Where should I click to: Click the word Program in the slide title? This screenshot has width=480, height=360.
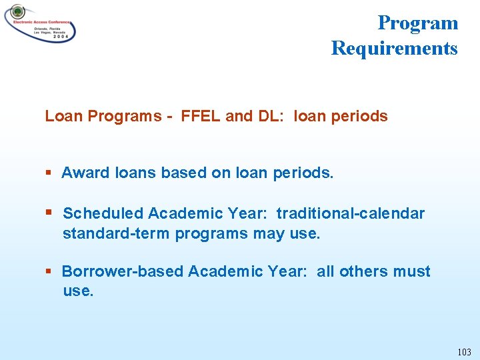point(417,23)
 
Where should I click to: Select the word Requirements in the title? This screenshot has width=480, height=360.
point(394,49)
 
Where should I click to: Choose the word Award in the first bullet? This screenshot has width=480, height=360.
point(86,173)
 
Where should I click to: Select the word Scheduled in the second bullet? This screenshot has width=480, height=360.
point(103,213)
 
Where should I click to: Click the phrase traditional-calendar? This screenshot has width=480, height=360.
point(351,213)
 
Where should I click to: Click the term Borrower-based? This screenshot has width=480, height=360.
point(123,271)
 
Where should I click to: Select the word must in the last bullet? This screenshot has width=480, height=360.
point(413,271)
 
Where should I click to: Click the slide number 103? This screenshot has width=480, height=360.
point(464,351)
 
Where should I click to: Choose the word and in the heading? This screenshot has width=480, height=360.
point(239,116)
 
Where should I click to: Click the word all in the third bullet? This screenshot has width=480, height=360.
point(325,271)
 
